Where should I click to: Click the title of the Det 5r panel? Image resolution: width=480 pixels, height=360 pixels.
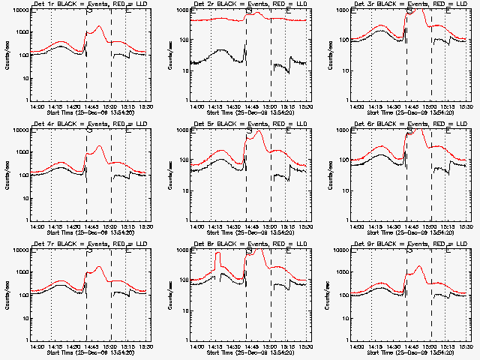point(248,124)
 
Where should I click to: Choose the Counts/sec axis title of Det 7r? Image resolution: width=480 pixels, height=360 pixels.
point(7,295)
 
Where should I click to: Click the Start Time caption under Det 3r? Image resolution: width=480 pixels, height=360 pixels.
point(409,112)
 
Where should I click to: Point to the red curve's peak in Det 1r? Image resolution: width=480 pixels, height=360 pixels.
point(98,27)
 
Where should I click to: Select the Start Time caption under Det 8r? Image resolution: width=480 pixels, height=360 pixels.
point(248,352)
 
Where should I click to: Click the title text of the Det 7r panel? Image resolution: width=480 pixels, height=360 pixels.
point(88,244)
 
